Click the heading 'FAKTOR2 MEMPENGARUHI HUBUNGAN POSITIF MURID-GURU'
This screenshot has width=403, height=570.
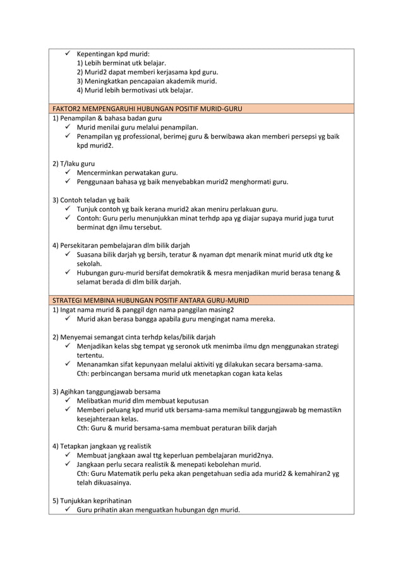[x=147, y=109]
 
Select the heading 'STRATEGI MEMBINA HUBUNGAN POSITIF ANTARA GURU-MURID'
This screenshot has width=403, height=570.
[x=150, y=300]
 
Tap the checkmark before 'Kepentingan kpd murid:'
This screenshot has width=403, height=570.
[x=68, y=54]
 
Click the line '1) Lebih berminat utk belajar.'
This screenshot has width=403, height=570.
[x=121, y=63]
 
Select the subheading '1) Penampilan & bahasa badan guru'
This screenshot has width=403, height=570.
[x=107, y=118]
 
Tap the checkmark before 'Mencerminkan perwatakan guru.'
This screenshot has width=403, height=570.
[x=68, y=173]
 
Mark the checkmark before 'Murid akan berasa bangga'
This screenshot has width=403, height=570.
[x=68, y=318]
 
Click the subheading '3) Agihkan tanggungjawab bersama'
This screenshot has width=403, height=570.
[x=105, y=391]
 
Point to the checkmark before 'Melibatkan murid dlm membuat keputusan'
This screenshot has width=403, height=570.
[x=68, y=401]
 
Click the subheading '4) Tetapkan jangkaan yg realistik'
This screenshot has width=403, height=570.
[x=102, y=446]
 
